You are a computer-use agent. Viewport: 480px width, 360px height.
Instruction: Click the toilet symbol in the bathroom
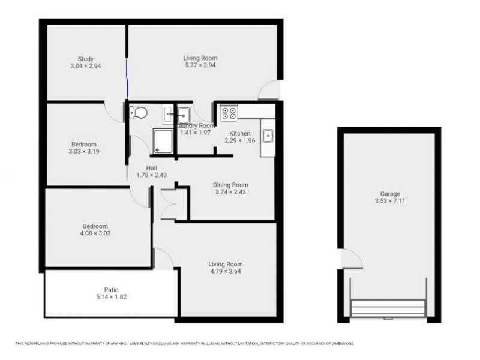[x=139, y=112]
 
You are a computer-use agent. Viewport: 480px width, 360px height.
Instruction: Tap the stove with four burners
[x=229, y=113]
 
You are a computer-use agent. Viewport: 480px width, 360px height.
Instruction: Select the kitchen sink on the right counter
[x=267, y=136]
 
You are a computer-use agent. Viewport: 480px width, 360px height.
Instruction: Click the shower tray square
[x=163, y=141]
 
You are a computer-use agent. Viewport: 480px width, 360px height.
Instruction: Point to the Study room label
[x=85, y=59]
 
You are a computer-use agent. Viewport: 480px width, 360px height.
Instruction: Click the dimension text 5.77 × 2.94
[x=200, y=65]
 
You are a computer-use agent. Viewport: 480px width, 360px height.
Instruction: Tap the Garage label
[x=389, y=194]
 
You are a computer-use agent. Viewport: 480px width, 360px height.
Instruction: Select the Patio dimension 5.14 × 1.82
[x=111, y=296]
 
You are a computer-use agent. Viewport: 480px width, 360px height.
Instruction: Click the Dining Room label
[x=231, y=185]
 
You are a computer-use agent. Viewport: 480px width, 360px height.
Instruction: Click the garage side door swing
[x=351, y=259]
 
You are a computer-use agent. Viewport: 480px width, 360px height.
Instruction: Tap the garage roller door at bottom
[x=388, y=309]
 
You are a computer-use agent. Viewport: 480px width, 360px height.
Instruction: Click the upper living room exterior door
[x=270, y=91]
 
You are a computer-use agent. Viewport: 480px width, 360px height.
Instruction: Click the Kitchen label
[x=240, y=133]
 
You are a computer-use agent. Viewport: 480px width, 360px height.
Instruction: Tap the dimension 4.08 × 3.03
[x=96, y=233]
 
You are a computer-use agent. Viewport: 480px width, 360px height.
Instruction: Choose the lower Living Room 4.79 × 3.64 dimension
[x=225, y=271]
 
